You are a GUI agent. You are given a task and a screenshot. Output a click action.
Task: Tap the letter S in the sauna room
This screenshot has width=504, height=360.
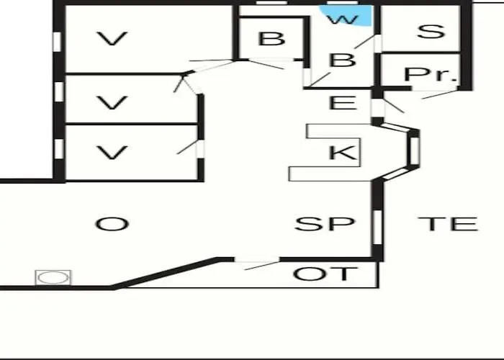click(431, 32)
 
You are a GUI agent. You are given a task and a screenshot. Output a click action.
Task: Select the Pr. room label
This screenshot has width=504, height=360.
click(431, 74)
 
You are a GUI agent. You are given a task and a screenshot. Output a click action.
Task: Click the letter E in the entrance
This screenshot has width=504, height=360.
click(343, 103)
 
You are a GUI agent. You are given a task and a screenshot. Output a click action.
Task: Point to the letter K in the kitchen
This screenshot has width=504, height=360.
click(343, 152)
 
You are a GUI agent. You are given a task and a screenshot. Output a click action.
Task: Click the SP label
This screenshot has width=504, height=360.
click(325, 224)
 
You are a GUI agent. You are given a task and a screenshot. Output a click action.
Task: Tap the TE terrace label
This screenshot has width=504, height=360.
click(448, 224)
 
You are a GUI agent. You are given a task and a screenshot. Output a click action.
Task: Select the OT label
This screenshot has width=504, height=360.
click(325, 274)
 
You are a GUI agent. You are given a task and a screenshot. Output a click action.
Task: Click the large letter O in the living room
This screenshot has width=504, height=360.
click(112, 224)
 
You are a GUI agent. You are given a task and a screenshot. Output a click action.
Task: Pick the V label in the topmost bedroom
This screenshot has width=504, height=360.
click(112, 38)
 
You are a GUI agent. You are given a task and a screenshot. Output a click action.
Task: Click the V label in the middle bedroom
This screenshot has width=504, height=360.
click(112, 102)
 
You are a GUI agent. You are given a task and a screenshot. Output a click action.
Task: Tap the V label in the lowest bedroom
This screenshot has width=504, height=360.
click(112, 153)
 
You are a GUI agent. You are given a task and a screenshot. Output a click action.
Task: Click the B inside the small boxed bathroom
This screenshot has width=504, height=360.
click(271, 39)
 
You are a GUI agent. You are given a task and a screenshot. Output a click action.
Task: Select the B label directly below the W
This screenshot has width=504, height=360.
click(343, 60)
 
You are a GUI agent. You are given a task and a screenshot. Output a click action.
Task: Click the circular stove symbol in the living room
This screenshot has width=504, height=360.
click(53, 277)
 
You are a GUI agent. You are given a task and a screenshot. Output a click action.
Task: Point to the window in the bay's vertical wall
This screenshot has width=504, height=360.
click(414, 149)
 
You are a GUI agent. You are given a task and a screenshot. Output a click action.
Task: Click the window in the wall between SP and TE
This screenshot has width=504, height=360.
click(377, 227)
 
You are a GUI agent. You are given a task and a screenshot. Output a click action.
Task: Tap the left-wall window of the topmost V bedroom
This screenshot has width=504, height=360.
click(57, 42)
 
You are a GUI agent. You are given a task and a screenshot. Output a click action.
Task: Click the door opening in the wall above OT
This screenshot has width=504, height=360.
click(257, 260)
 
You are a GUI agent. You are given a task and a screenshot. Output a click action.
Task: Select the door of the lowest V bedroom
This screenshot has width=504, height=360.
click(200, 149)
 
